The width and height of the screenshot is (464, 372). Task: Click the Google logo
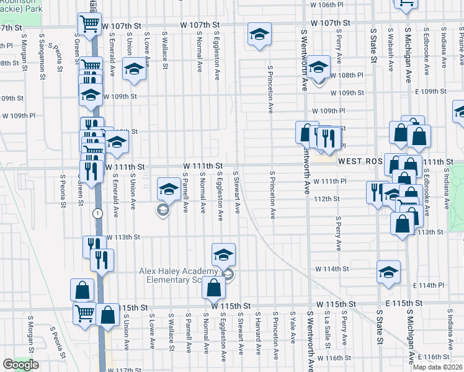[x=20, y=365]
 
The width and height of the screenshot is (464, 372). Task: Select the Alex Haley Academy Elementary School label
[x=177, y=276]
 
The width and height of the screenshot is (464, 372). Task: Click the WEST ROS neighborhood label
[x=363, y=160]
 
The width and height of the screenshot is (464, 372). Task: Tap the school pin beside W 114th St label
[x=388, y=272]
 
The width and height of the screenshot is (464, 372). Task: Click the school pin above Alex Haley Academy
[x=224, y=254]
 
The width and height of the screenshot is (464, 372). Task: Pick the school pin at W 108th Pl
[x=318, y=67]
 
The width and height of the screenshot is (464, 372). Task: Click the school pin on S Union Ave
[x=133, y=71]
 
